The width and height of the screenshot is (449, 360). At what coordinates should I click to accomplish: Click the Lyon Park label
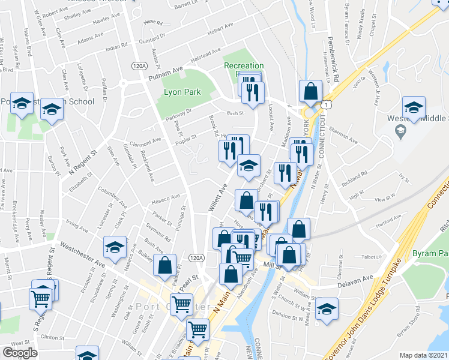[x=182, y=92]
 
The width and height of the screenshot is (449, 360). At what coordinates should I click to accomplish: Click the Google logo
[x=20, y=353]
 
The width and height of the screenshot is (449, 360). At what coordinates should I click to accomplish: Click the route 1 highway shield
[x=325, y=104]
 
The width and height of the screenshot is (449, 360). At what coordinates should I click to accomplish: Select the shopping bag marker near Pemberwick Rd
[x=311, y=92]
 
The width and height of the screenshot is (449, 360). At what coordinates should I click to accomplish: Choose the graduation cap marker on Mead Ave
[x=327, y=309]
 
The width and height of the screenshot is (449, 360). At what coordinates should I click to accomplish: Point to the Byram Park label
[x=429, y=254]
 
